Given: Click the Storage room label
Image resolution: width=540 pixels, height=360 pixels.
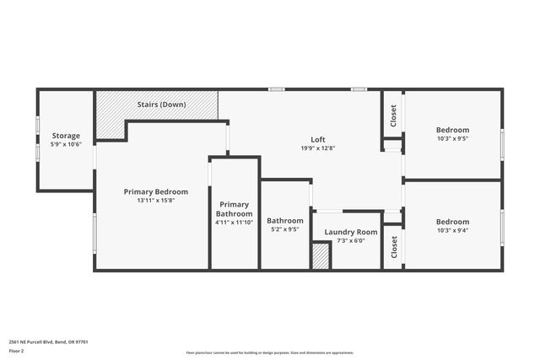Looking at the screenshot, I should point(66,136).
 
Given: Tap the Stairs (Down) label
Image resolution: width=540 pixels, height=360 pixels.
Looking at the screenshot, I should point(162,105).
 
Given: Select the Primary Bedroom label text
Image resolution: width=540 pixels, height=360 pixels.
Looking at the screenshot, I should point(156,191).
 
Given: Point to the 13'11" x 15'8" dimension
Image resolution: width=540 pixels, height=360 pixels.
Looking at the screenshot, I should point(156,201).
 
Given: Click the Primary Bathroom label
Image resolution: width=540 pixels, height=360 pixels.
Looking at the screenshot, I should point(234,209).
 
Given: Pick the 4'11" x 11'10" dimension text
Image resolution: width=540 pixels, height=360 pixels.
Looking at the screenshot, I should point(234,223).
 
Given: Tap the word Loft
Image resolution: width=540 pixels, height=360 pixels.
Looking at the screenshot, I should point(318,140).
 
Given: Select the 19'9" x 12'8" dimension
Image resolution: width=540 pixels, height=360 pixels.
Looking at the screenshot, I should point(318,148).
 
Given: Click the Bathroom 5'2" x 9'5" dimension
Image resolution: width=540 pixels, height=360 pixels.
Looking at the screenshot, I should point(284,228).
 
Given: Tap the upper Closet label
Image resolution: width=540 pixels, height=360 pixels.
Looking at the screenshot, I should point(393,116).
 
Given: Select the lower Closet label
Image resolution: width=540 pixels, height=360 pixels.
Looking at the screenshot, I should point(393,246).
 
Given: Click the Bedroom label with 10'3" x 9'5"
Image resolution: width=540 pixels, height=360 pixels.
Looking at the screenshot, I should point(452,130).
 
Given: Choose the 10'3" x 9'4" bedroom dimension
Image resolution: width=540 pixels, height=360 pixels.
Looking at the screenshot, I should point(452,230).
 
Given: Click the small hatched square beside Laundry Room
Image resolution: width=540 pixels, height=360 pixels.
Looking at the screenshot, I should point(321,256).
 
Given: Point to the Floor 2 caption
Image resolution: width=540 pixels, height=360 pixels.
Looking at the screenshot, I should point(16,350).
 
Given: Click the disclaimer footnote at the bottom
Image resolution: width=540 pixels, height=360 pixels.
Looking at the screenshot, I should point(269,353).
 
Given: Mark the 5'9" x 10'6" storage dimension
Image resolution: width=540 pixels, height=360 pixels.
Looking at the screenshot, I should point(66,144).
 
